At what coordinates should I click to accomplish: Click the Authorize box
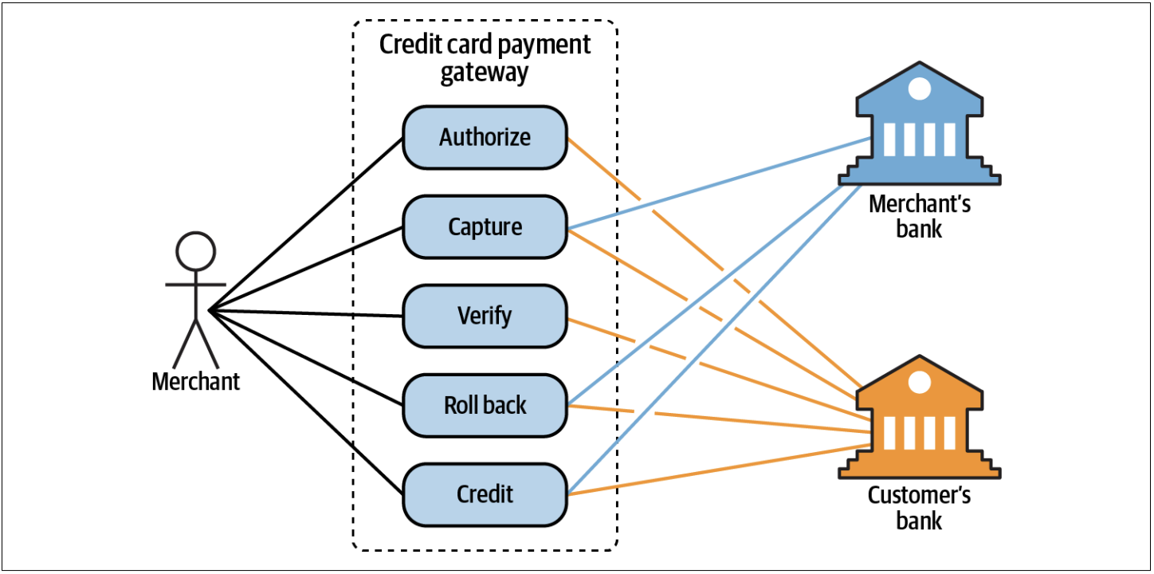(x=485, y=137)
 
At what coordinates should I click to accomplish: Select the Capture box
(x=485, y=226)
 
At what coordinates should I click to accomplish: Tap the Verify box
(x=485, y=316)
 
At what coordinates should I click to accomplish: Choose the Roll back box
(x=485, y=405)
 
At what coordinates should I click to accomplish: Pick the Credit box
(x=485, y=494)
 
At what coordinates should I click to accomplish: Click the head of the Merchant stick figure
(x=195, y=252)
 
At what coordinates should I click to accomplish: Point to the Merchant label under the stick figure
(x=195, y=381)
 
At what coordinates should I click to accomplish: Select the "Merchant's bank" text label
(x=919, y=216)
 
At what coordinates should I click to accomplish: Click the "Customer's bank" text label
(x=919, y=509)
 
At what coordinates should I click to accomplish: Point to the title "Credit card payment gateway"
(x=485, y=57)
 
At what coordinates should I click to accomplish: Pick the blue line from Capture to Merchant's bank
(x=717, y=183)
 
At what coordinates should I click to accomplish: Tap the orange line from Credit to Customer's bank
(x=717, y=470)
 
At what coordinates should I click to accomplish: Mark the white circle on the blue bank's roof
(x=919, y=88)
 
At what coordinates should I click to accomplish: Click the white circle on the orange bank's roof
(x=919, y=383)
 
